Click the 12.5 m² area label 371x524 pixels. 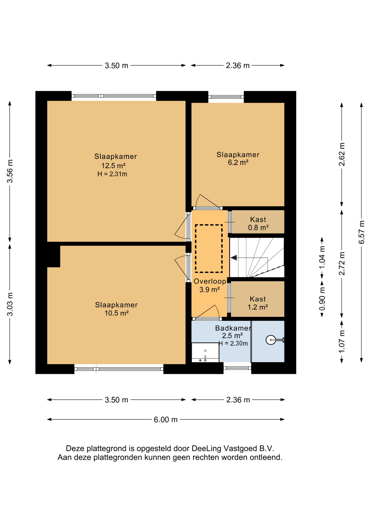pos(113,166)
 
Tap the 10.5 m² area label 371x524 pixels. pos(117,313)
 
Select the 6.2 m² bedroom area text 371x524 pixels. pos(238,162)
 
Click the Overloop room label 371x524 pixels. pos(210,281)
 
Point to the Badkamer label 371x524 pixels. pos(233,328)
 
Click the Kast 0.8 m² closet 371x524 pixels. pos(258,222)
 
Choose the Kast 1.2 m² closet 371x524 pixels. pos(258,299)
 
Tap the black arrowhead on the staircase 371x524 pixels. pos(234,257)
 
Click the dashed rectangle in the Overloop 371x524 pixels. pos(209,249)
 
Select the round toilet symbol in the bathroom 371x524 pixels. pos(271,340)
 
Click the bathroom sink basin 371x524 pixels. pos(205,353)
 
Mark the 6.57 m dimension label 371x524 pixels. pos(361,232)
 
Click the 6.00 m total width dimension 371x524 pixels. pos(166,419)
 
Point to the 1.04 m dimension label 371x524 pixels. pos(322,257)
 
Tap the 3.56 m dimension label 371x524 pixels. pos(10,171)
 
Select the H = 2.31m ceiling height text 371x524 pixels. pos(112,174)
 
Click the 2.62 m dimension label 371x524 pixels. pos(342,154)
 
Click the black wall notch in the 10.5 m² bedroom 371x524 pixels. pos(54,256)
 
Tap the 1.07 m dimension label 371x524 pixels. pos(342,341)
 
